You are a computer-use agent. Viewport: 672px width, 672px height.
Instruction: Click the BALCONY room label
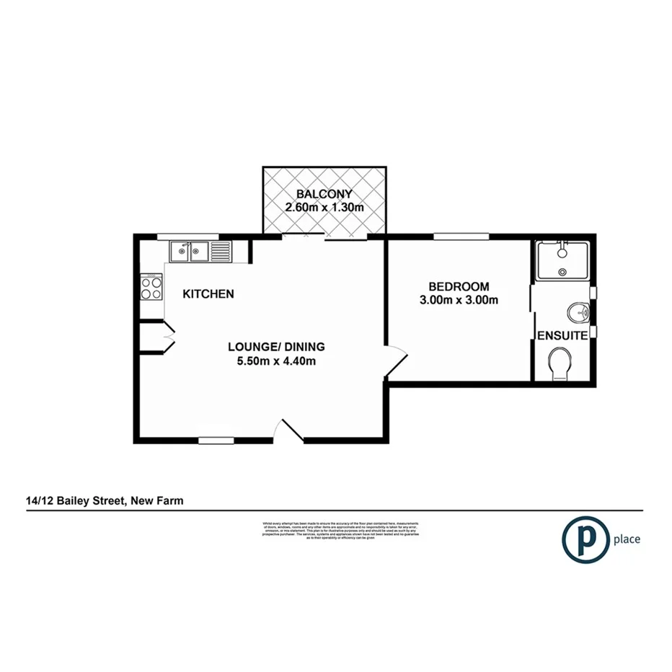[x=324, y=193]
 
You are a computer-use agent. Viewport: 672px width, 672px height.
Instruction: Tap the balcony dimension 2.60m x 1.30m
[x=324, y=208]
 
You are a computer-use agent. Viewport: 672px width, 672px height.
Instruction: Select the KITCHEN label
[x=208, y=293]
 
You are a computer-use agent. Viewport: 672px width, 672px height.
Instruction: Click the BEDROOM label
[x=459, y=286]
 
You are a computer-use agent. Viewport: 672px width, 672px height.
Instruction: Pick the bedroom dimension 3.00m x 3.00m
[x=459, y=301]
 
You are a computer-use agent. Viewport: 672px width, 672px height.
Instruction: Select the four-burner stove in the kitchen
[x=151, y=288]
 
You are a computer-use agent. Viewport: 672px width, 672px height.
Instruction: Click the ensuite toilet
[x=560, y=363]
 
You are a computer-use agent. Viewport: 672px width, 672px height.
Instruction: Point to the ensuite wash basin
[x=578, y=313]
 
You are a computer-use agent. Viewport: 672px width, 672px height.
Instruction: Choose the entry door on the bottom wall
[x=291, y=430]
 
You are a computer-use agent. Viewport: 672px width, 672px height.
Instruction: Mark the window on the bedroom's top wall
[x=461, y=235]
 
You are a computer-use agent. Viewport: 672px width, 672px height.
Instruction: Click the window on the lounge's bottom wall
[x=216, y=439]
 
